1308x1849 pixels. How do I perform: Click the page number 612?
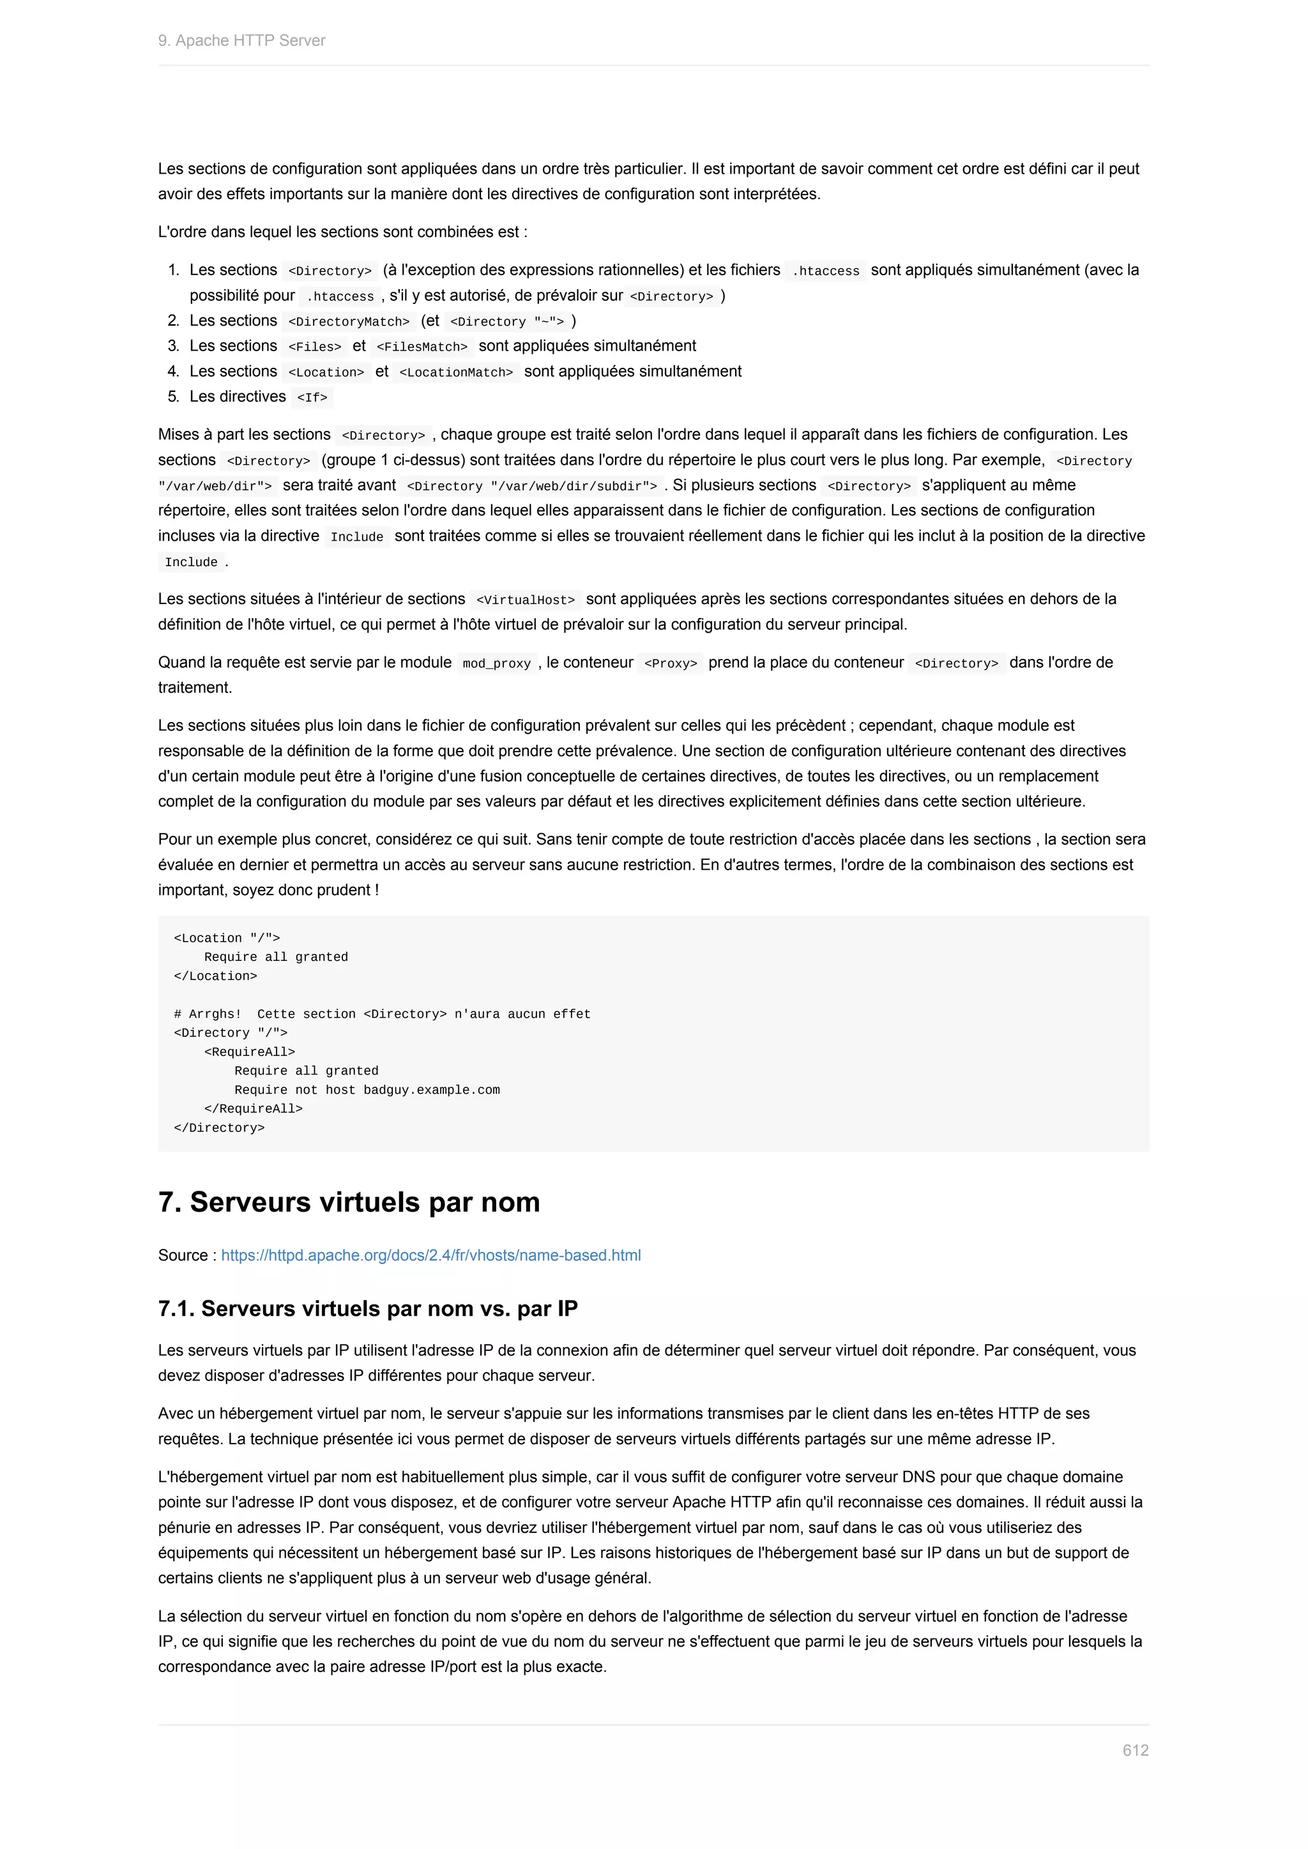(1135, 1750)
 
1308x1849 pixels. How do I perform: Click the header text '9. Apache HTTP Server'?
(241, 40)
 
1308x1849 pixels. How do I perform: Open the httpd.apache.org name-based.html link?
(431, 1255)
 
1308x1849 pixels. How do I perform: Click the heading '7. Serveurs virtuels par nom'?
(349, 1202)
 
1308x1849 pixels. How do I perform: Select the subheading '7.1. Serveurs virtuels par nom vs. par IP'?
(367, 1308)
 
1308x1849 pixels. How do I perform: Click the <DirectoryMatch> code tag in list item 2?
(349, 321)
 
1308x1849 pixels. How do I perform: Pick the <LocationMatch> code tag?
(456, 372)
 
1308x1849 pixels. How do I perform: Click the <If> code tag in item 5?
(312, 397)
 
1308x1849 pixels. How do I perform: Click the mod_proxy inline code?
(496, 663)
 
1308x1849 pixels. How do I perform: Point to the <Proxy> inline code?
(670, 663)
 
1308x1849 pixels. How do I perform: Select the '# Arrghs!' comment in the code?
(207, 1014)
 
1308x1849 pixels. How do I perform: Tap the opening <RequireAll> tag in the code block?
(250, 1052)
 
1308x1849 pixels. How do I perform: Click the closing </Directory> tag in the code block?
(219, 1128)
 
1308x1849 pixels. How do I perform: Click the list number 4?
(173, 371)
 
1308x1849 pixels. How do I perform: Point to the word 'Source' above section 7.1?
(183, 1255)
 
